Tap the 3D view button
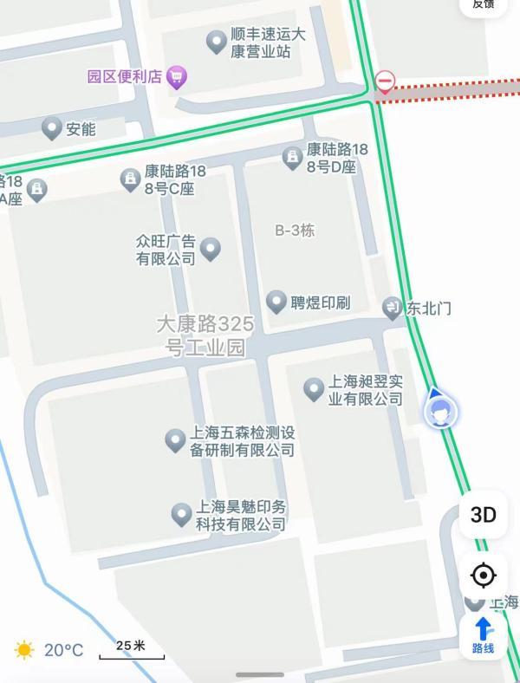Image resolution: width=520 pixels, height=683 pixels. [x=484, y=515]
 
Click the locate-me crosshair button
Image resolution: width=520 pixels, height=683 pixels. [x=484, y=576]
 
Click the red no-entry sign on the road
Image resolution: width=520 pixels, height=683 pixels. [x=386, y=82]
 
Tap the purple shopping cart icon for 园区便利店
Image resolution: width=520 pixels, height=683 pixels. [x=177, y=77]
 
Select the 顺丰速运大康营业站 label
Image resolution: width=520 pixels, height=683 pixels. [x=268, y=42]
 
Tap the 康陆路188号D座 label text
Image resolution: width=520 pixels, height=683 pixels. [x=336, y=158]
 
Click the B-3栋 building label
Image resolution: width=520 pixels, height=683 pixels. [x=295, y=231]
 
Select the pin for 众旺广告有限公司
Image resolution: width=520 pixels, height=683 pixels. [x=210, y=250]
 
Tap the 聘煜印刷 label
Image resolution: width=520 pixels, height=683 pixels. [x=320, y=302]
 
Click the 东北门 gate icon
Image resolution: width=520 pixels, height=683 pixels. [x=393, y=308]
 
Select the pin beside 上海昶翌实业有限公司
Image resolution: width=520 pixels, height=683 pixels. [x=314, y=389]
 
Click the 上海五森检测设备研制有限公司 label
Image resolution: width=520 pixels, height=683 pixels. [x=243, y=441]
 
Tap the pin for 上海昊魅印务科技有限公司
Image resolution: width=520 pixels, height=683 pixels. [x=181, y=515]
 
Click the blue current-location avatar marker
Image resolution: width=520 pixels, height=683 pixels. [x=440, y=413]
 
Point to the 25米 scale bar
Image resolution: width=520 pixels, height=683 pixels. [x=131, y=650]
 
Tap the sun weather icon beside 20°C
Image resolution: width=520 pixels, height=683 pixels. [x=24, y=649]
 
